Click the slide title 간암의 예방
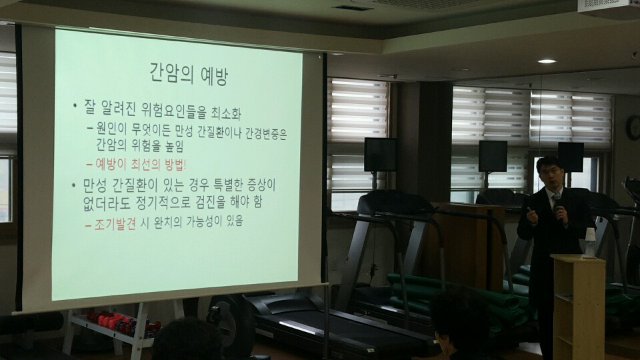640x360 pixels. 188,74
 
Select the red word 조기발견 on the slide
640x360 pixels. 115,224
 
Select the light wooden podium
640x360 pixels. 578,307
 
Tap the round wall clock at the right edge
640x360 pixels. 633,127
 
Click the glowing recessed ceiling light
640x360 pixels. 547,61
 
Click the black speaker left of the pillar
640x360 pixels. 380,155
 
